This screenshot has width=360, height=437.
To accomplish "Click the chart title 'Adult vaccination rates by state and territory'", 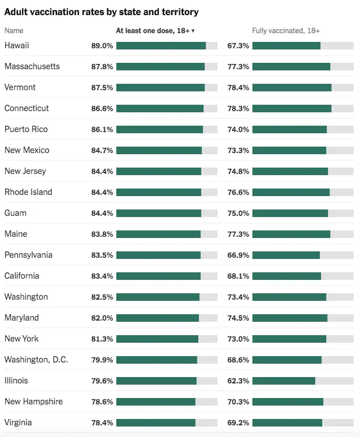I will tap(101, 12).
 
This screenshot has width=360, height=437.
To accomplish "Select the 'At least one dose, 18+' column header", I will tap(155, 30).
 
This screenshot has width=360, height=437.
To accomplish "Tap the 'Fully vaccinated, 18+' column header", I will tap(286, 30).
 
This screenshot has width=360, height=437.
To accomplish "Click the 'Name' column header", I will tap(14, 30).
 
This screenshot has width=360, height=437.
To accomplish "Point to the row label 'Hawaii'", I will tap(17, 45).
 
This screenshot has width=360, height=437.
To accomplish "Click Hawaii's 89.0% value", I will tap(102, 45).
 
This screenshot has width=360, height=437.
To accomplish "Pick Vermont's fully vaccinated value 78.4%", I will tap(238, 87).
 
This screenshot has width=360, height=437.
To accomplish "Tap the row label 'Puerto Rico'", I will tap(26, 129).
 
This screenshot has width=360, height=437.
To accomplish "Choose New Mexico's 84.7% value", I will tap(102, 150).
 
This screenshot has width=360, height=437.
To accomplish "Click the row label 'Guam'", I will tap(15, 213).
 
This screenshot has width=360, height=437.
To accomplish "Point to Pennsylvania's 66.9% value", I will tap(238, 255).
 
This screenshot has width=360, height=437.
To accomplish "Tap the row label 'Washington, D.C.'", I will tap(36, 360).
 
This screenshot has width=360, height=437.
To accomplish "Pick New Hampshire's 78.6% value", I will tap(102, 402).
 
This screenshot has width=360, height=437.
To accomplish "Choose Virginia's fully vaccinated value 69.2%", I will tap(238, 422).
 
